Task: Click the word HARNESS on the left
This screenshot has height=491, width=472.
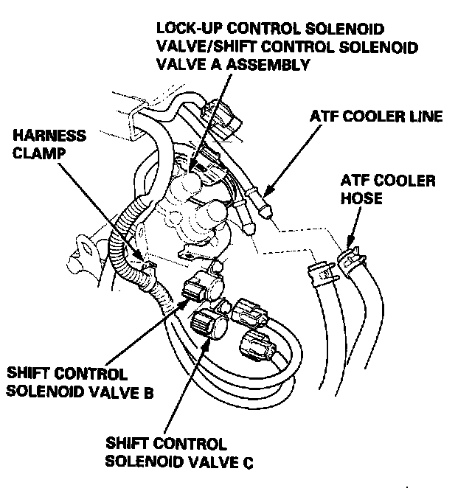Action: click(44, 136)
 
